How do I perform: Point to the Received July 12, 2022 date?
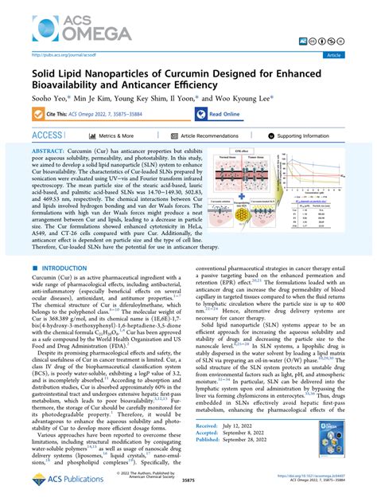234,426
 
